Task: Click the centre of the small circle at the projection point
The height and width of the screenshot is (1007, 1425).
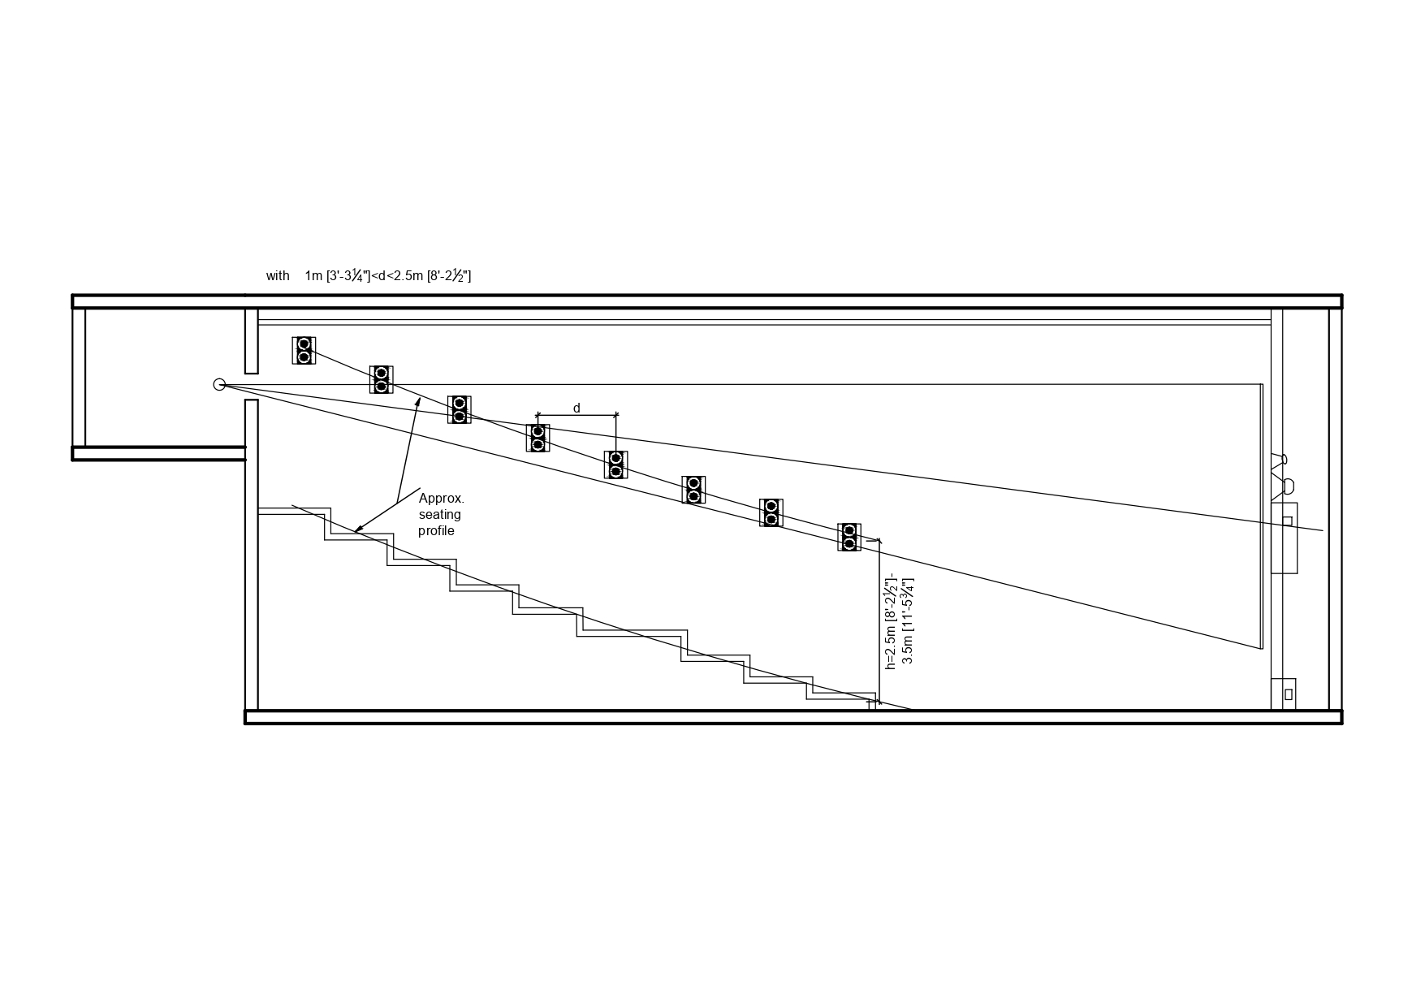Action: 219,384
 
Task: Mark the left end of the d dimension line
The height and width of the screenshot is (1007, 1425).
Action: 538,415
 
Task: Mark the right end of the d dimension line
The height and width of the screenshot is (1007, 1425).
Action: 616,415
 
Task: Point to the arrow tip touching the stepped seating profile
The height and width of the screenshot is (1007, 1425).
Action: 356,532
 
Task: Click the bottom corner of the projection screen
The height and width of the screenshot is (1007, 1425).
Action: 1262,649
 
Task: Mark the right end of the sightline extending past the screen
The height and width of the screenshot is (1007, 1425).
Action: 1323,530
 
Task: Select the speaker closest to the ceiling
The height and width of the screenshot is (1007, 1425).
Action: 304,350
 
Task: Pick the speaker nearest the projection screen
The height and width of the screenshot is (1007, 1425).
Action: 849,537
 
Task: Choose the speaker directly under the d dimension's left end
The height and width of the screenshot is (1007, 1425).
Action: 538,438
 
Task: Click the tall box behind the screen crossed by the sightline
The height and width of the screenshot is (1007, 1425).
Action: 1285,538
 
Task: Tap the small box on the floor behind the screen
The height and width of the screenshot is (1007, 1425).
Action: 1284,694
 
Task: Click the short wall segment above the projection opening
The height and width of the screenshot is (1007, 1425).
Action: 252,340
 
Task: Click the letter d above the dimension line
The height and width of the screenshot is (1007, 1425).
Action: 576,408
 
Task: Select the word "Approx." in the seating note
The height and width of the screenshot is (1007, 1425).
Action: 442,498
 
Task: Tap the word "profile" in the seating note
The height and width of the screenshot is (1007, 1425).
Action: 436,531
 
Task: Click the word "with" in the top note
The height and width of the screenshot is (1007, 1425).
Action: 278,276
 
